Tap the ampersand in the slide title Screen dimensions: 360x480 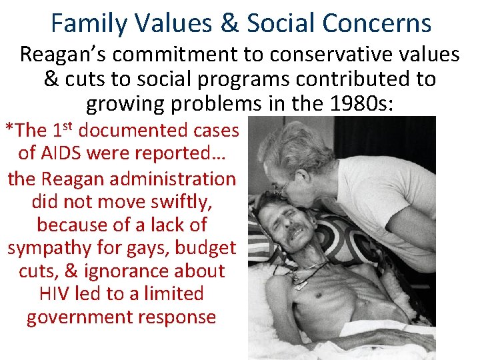231,23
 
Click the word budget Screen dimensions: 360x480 204,248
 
